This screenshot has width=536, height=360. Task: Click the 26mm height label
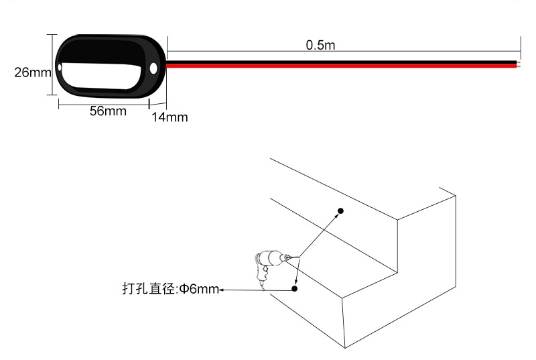33,72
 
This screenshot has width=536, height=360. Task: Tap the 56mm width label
108,111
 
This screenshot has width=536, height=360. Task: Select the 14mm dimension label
170,117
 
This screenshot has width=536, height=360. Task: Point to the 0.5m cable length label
320,45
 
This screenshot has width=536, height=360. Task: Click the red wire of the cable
342,66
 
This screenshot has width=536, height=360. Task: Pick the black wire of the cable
342,62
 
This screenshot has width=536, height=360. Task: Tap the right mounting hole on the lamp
153,68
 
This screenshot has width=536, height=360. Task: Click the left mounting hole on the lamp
60,67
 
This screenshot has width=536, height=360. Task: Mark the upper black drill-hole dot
340,211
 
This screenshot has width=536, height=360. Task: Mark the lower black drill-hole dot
294,288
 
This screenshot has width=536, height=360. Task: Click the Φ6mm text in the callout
199,289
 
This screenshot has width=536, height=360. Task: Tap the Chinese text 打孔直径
149,288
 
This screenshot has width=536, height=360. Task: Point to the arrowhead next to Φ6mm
221,290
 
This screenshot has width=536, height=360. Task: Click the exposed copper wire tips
519,64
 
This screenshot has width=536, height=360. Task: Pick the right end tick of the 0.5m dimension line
521,48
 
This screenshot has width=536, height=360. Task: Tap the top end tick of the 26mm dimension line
52,35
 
